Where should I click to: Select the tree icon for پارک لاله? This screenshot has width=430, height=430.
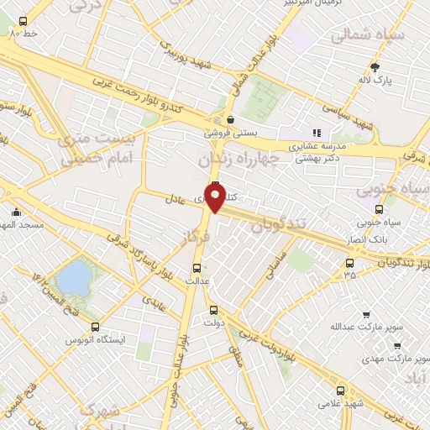pyautogui.click(x=374, y=67)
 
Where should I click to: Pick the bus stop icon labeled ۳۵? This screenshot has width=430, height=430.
pyautogui.click(x=349, y=262)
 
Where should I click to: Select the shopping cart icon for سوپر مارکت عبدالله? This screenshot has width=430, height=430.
pyautogui.click(x=365, y=314)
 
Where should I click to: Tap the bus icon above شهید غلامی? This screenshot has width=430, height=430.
pyautogui.click(x=341, y=390)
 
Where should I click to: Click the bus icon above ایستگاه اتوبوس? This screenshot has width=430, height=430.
pyautogui.click(x=95, y=328)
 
